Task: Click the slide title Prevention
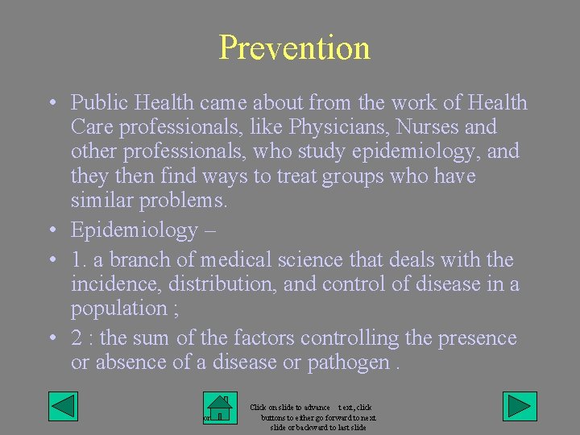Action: coord(294,48)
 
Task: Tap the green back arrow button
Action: coord(63,406)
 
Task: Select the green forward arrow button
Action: coord(520,406)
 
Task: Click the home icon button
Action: coord(219,408)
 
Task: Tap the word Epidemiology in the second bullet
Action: coord(134,230)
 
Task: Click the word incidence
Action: coord(110,284)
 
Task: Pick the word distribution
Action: coord(205,284)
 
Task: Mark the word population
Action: coord(118,309)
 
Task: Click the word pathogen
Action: coord(347,363)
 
